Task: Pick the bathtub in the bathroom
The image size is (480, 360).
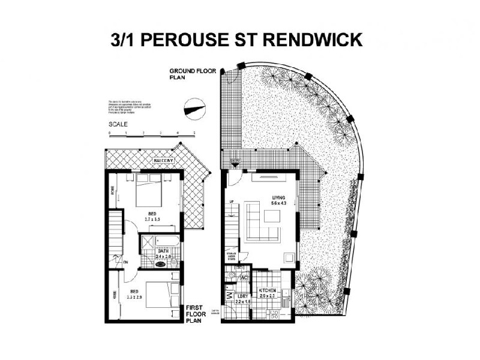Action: click(165, 242)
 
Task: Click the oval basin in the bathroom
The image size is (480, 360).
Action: click(161, 262)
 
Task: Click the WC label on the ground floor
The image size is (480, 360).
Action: click(244, 278)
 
